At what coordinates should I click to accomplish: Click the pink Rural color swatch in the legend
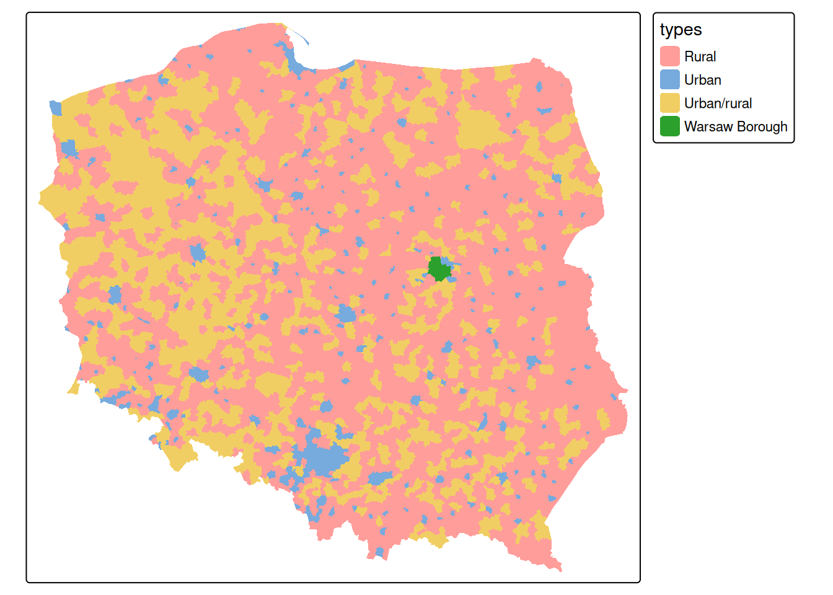670,56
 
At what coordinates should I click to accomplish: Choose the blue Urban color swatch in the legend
670,80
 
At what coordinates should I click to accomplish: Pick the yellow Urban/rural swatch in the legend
670,103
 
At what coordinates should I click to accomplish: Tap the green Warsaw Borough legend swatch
670,126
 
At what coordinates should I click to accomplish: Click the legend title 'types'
681,30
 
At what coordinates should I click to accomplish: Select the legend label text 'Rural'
700,56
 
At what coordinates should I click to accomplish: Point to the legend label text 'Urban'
702,80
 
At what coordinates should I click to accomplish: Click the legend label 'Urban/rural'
718,103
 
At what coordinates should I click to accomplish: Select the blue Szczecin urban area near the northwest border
68,149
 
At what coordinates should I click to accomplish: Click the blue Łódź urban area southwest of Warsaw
346,314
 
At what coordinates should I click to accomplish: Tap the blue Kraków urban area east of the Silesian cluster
379,478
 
